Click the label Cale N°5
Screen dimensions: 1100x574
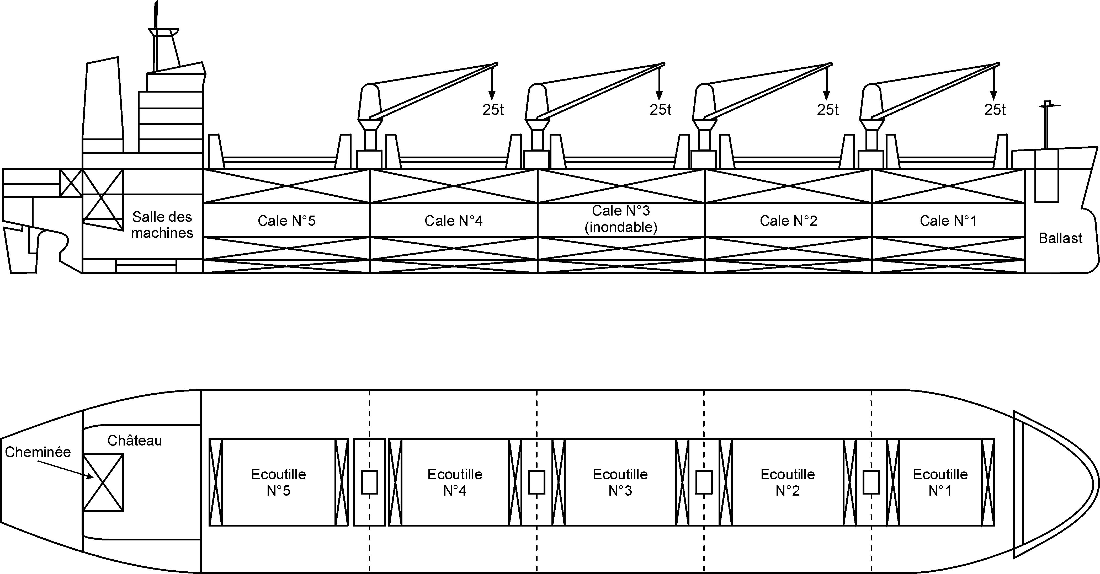[x=286, y=221]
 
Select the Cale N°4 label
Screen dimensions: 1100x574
[x=454, y=221]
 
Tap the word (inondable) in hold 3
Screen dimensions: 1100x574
[x=621, y=227]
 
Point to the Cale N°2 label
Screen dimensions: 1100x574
[x=788, y=221]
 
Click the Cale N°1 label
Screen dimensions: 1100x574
[x=948, y=221]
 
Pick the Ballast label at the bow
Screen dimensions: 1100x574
[x=1060, y=238]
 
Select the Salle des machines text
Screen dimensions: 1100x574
[x=162, y=225]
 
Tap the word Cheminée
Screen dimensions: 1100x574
[x=38, y=452]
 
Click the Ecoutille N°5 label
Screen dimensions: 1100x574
[x=278, y=482]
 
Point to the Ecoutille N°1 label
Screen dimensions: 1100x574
[x=940, y=482]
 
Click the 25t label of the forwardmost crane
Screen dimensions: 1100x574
[x=995, y=110]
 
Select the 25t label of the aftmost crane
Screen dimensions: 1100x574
[x=493, y=110]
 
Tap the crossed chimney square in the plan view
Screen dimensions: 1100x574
[x=103, y=483]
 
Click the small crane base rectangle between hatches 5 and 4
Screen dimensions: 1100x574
[x=369, y=482]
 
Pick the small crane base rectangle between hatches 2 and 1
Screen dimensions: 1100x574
[x=871, y=482]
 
